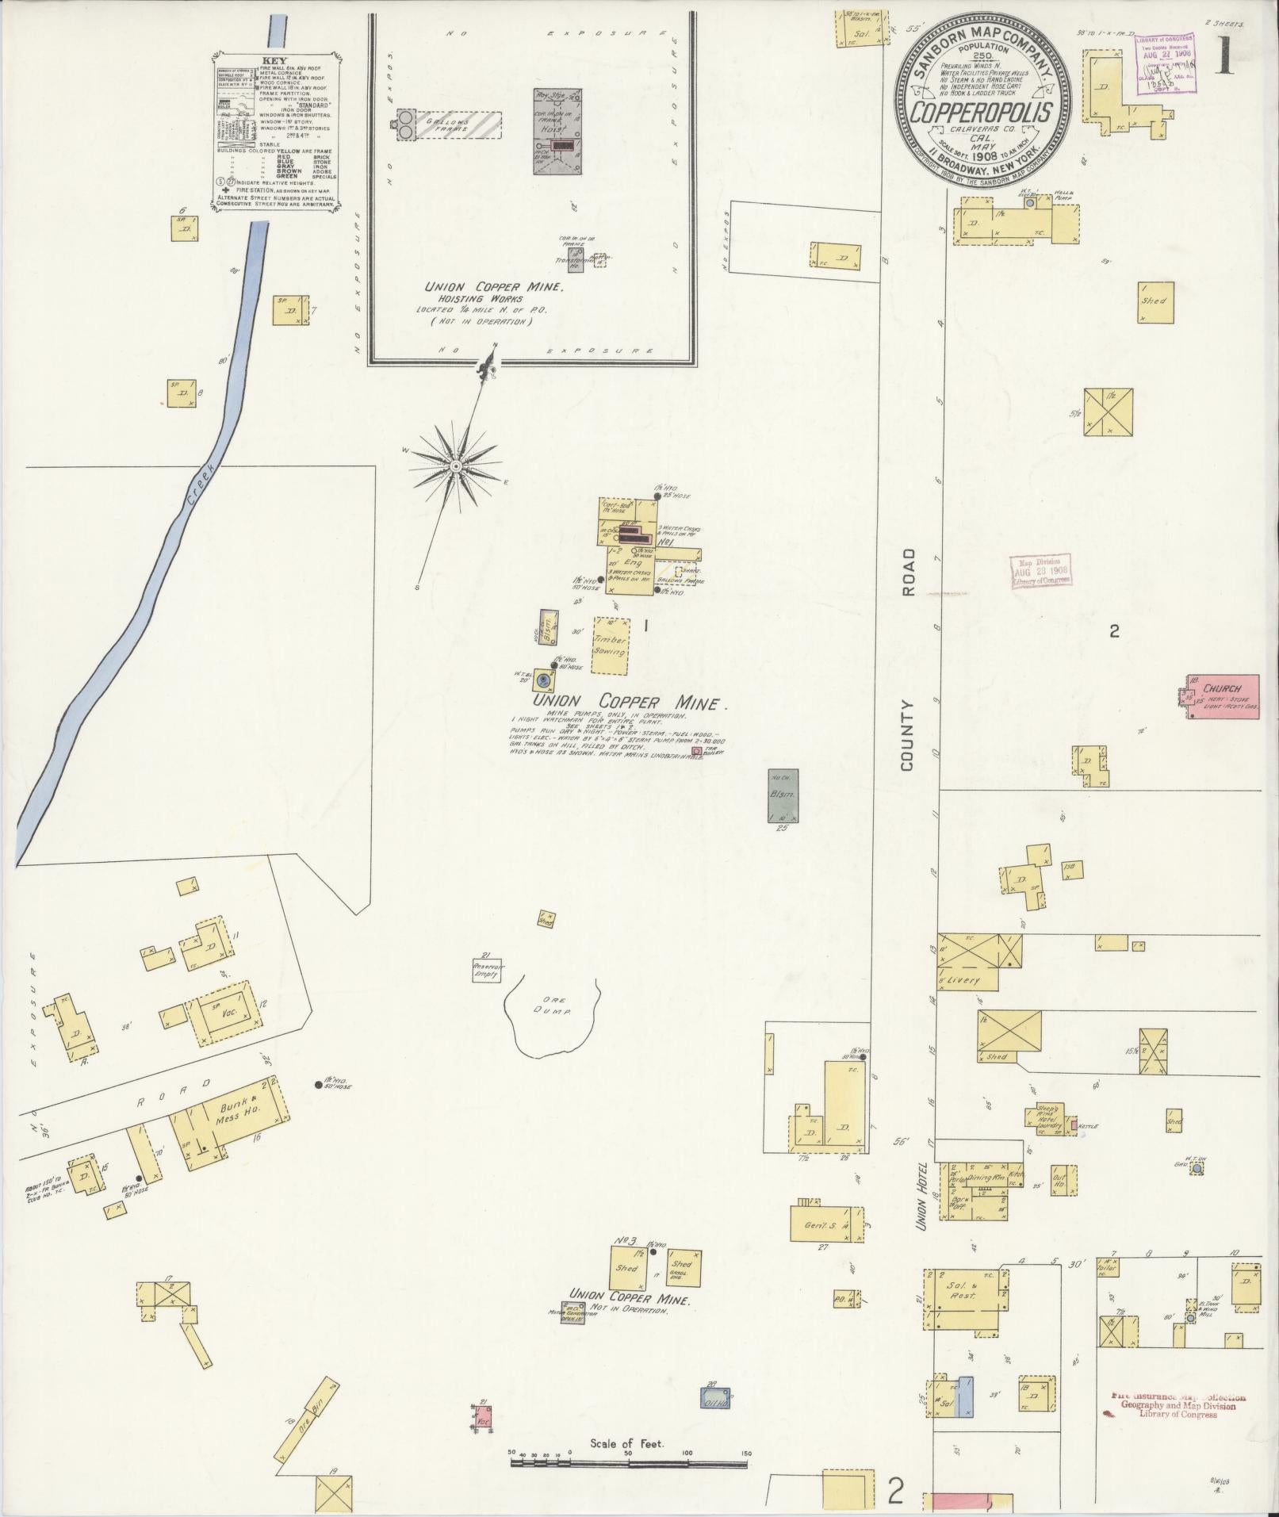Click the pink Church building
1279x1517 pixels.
[1222, 696]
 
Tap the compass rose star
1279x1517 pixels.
[456, 466]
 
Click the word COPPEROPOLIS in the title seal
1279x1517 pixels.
[981, 112]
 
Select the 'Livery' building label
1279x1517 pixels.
[964, 979]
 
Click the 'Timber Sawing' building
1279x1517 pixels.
[611, 645]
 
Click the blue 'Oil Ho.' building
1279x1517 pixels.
[715, 1398]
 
